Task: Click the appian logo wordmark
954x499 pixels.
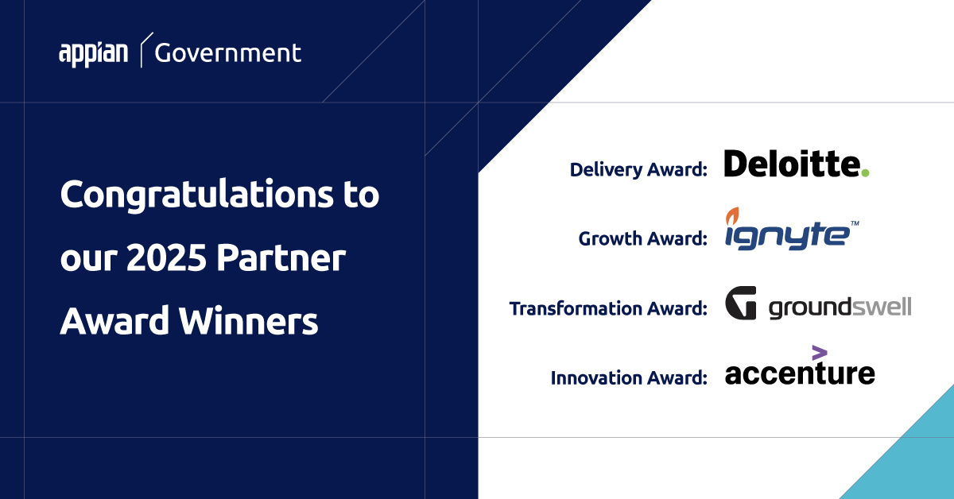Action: click(93, 53)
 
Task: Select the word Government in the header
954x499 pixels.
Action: click(228, 53)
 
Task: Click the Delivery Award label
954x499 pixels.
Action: click(638, 169)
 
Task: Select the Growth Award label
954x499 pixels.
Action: click(642, 238)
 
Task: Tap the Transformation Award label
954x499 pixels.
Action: click(608, 308)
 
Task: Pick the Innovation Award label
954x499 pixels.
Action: click(629, 377)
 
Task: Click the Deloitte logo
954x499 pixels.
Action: click(796, 164)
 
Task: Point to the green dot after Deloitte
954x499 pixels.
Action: click(865, 172)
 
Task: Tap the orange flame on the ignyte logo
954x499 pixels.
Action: click(733, 215)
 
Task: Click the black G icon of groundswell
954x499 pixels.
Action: click(741, 304)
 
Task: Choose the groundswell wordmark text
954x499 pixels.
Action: click(840, 307)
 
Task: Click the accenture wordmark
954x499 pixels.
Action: click(800, 373)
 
